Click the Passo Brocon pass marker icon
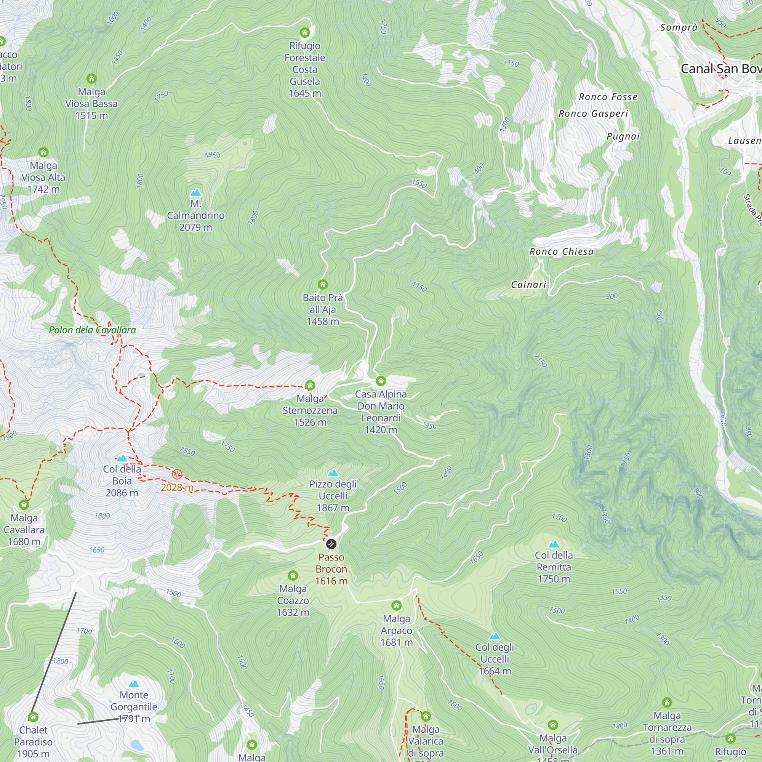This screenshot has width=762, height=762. click(331, 544)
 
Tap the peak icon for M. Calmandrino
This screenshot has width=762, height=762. click(195, 192)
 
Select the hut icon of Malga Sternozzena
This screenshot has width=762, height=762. click(310, 385)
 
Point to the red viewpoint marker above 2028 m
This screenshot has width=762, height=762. click(177, 474)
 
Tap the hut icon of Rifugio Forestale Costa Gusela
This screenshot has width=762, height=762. click(304, 32)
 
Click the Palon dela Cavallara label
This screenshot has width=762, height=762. click(92, 330)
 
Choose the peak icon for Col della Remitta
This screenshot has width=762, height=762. click(554, 545)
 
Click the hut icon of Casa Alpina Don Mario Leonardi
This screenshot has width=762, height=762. click(381, 381)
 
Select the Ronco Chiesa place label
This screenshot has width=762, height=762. click(561, 251)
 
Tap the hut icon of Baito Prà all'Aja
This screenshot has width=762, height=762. click(323, 284)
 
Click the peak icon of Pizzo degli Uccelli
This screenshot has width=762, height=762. click(333, 473)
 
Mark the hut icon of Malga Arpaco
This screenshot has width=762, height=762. click(396, 605)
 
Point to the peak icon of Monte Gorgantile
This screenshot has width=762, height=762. click(134, 684)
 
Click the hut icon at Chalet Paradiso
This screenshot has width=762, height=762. click(33, 717)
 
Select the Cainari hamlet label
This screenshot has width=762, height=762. click(528, 285)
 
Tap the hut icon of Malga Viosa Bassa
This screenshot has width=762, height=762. click(91, 78)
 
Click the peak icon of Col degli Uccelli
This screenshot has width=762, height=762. click(495, 637)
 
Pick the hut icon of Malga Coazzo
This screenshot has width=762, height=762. click(293, 575)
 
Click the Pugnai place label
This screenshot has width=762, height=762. click(623, 136)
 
